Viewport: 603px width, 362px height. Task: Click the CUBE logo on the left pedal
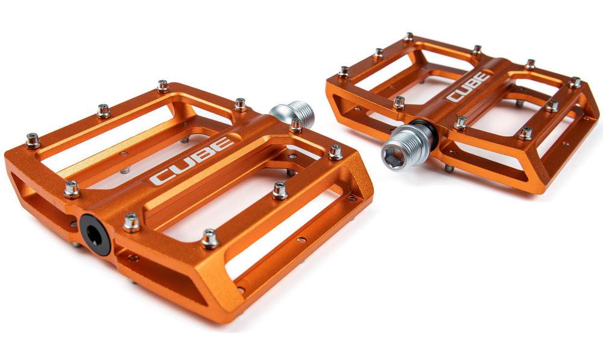coord(191,161)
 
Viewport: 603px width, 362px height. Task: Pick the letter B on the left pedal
coord(203,154)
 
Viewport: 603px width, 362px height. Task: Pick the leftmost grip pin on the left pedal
coord(33,141)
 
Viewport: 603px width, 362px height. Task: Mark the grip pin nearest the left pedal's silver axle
coord(296,125)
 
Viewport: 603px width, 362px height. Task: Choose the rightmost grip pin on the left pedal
coord(335,152)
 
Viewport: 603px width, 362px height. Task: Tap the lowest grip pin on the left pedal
coord(210,240)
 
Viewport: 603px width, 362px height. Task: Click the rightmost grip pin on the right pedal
coord(575,82)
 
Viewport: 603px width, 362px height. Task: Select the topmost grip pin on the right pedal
coord(408,37)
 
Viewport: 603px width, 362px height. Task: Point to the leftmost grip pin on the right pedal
coord(344,72)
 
